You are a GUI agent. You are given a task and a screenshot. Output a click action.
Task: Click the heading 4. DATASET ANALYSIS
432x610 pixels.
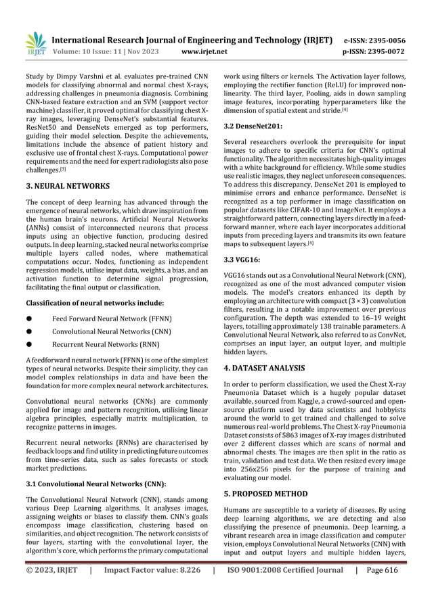point(269,369)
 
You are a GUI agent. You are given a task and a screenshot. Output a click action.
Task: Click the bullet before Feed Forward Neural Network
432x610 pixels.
point(30,318)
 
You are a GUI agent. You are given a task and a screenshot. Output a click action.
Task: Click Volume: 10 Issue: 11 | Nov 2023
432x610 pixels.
point(110,51)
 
